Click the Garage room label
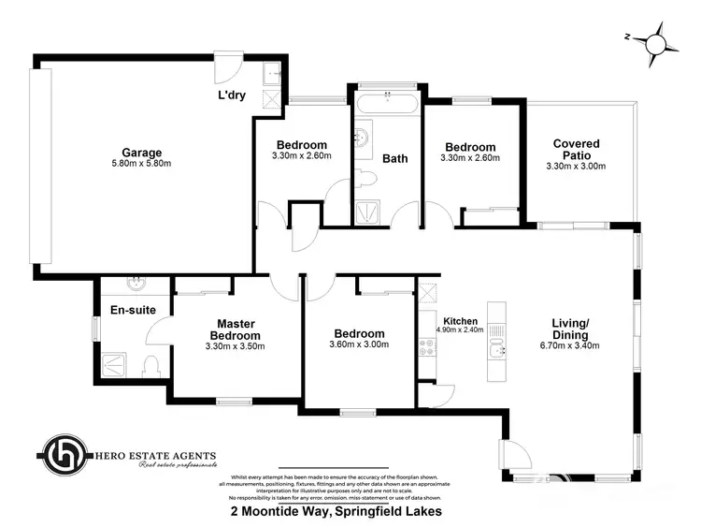[x=141, y=153]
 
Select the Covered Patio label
[x=576, y=150]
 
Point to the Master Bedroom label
[x=236, y=329]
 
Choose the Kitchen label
[x=460, y=319]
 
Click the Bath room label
[x=395, y=158]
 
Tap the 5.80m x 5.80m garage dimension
[x=141, y=164]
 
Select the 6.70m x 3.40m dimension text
[x=569, y=345]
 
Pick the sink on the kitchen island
[x=495, y=351]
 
